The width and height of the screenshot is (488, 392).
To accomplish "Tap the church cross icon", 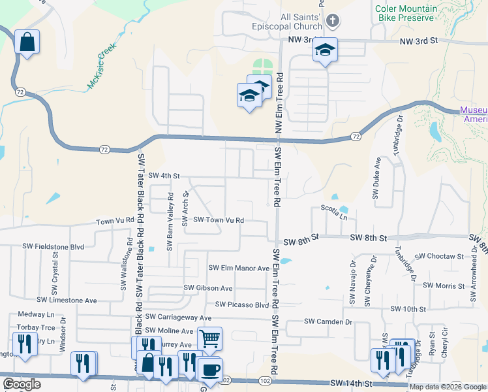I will click(332, 21).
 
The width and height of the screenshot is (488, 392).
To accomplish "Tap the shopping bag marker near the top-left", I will click(27, 42).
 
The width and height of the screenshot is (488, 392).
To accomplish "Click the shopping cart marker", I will click(209, 338).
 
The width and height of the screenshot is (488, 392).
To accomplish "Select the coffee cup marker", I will click(209, 369).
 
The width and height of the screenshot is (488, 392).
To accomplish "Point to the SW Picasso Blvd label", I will click(242, 304).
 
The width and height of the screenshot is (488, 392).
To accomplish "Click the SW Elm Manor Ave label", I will click(239, 268).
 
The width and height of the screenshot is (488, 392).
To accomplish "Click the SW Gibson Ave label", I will click(208, 287).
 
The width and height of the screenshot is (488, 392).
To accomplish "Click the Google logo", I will click(22, 384).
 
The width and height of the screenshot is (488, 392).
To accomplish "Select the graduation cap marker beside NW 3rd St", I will click(324, 51).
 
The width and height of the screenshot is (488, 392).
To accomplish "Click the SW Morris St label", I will click(448, 286).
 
